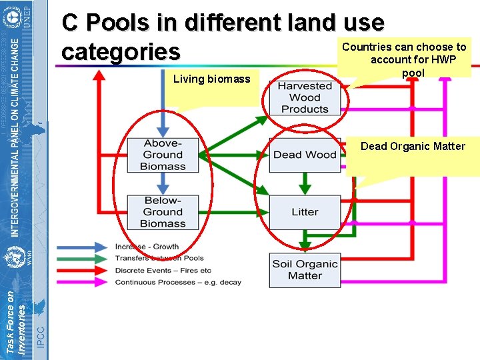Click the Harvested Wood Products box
305,97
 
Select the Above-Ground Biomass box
163,155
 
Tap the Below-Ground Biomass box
163,212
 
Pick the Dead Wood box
305,155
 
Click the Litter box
305,212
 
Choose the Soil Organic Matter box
305,270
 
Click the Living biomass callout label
211,79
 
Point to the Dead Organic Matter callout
413,147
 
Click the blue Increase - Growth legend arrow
83,247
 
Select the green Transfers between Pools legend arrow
83,259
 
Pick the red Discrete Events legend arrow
83,271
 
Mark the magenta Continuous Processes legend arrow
83,283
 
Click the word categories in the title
121,51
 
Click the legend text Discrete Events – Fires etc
163,271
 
